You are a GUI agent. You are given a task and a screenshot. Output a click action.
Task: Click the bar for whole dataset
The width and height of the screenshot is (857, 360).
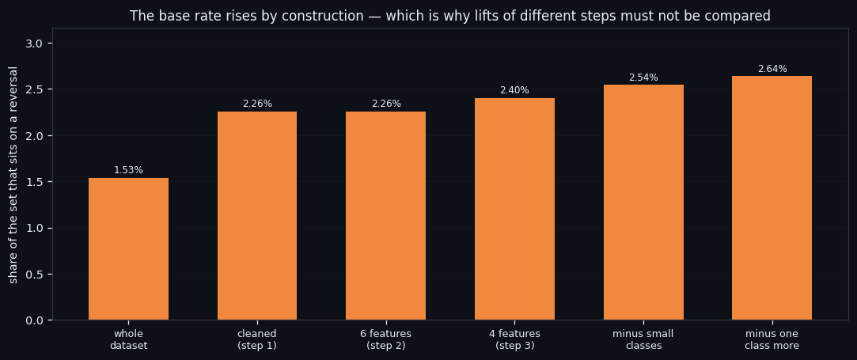[128, 249]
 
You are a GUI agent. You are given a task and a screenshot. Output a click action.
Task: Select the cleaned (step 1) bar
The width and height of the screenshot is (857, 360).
[257, 216]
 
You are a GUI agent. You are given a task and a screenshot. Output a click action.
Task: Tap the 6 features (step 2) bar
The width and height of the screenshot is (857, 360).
[386, 216]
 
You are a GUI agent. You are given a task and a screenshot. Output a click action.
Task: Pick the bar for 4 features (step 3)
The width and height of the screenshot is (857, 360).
[515, 209]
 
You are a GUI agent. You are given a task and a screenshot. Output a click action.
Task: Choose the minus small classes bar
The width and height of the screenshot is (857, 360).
[643, 203]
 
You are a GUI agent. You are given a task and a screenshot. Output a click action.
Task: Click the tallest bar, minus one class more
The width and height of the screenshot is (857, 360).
[772, 198]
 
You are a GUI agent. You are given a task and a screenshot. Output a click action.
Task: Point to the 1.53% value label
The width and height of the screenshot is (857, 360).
[128, 170]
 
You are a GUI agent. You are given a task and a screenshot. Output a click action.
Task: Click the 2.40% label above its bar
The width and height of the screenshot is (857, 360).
[515, 91]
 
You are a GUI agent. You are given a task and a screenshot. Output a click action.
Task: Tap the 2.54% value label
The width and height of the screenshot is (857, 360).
[643, 78]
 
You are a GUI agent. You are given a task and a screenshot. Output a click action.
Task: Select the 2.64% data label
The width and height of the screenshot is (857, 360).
[772, 69]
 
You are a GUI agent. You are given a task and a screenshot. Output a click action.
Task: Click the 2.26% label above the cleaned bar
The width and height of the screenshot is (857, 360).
[257, 104]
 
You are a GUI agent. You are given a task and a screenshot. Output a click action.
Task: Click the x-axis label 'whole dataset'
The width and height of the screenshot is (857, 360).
[128, 339]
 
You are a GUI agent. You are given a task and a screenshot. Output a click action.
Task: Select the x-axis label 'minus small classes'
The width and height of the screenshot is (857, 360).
[644, 339]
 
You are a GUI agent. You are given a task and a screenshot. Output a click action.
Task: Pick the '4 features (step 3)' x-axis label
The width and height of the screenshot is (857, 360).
[515, 339]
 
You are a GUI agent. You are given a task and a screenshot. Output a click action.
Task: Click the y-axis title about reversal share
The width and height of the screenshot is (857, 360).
[13, 176]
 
